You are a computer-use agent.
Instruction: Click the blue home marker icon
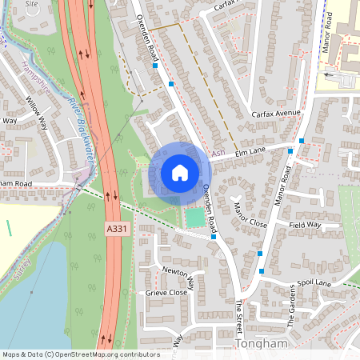180,172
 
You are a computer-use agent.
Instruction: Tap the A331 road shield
117,230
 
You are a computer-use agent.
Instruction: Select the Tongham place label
261,343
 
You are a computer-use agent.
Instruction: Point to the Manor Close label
250,214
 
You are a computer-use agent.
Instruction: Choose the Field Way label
304,226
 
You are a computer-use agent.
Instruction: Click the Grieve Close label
166,293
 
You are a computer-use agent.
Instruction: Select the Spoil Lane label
331,283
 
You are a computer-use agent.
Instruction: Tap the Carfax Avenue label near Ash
275,114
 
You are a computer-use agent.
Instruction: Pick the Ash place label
218,152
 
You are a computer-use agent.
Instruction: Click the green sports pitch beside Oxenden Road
195,217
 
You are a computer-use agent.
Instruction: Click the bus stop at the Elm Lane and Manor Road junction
302,141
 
